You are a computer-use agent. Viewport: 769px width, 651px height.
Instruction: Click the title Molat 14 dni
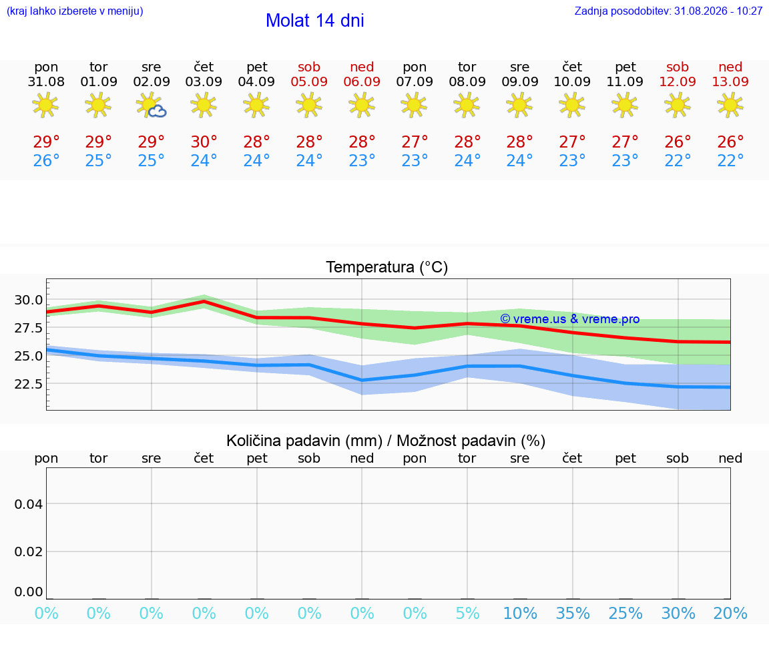click(x=315, y=21)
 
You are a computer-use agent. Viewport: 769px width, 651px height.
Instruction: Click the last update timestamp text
click(x=668, y=11)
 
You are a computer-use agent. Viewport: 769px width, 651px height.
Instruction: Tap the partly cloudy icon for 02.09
click(x=152, y=105)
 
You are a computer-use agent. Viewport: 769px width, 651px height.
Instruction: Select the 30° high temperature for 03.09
click(x=204, y=142)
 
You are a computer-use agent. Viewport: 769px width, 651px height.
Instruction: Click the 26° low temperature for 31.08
click(x=46, y=160)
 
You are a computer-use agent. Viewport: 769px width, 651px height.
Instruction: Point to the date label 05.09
click(x=309, y=81)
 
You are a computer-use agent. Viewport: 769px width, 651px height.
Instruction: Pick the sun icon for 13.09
click(x=730, y=105)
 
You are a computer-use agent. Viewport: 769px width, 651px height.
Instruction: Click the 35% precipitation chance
click(x=573, y=613)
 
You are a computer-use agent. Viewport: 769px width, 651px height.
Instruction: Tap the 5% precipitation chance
click(x=467, y=613)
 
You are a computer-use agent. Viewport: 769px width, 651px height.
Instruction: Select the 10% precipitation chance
click(x=521, y=613)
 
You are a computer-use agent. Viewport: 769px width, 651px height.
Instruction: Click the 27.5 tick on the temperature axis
click(x=29, y=328)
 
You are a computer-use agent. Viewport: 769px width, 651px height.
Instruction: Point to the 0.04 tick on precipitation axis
click(x=29, y=504)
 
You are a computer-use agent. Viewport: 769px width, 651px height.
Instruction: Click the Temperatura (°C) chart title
click(x=387, y=267)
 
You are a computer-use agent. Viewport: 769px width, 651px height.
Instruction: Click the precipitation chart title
click(x=386, y=441)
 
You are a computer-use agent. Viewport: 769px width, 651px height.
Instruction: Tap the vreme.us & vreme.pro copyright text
click(x=570, y=319)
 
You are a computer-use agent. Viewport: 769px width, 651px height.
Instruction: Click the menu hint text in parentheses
click(x=75, y=11)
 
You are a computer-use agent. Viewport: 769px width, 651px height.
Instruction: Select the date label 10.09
click(x=572, y=81)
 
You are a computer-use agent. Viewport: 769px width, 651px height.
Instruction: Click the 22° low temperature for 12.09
click(x=678, y=160)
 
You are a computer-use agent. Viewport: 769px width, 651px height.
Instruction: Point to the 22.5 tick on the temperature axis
click(x=29, y=384)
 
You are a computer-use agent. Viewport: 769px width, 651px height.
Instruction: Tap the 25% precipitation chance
click(x=625, y=613)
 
